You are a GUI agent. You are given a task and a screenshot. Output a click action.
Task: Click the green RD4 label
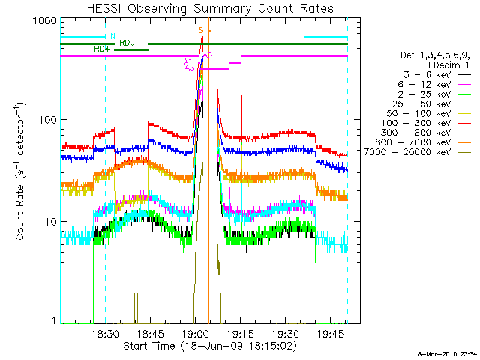coord(101,49)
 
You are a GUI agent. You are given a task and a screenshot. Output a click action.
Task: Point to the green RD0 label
coord(127,43)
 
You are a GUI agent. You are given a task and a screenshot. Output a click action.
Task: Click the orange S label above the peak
coord(201,30)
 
